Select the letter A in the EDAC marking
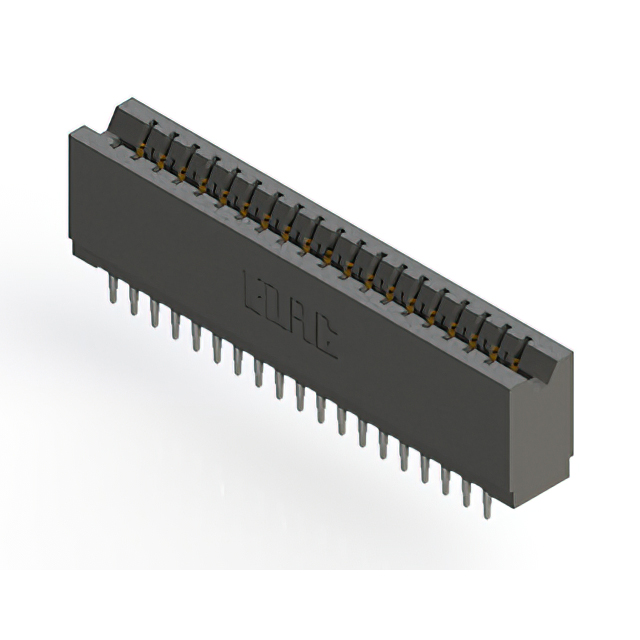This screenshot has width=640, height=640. [x=303, y=326]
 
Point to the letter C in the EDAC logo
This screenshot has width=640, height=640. [x=326, y=343]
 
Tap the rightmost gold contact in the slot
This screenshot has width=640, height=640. [x=512, y=366]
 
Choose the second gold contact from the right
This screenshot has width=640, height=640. [x=491, y=354]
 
